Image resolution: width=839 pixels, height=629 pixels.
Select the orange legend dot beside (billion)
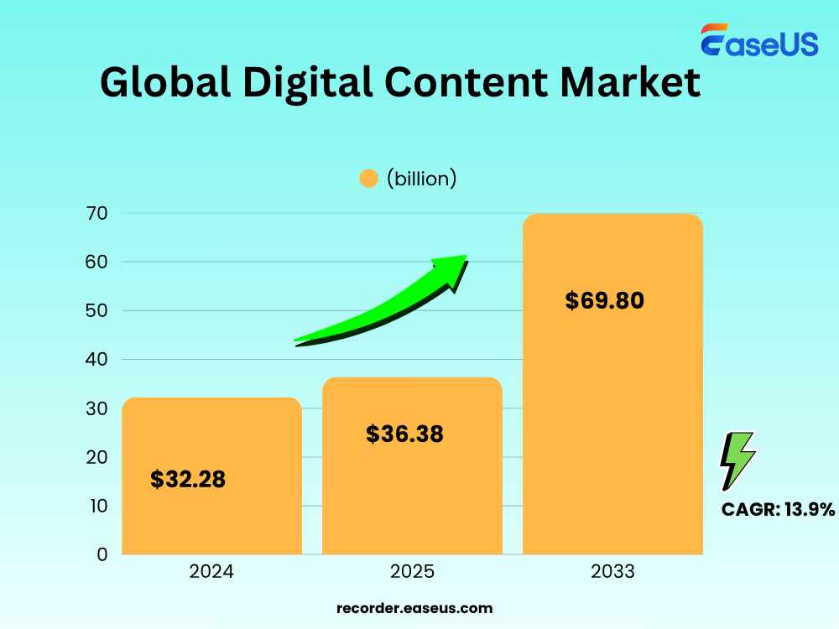[x=368, y=179]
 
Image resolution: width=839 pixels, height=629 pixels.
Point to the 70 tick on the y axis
[x=97, y=213]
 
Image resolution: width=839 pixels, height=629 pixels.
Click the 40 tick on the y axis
[x=97, y=360]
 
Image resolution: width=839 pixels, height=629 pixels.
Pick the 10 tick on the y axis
[x=97, y=506]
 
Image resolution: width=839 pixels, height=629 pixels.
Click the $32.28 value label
[x=188, y=480]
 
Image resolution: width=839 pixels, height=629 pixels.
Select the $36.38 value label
[x=404, y=434]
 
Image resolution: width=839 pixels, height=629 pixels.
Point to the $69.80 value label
[x=604, y=300]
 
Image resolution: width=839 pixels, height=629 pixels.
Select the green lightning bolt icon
[x=737, y=460]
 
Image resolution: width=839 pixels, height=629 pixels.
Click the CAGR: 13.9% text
[x=778, y=509]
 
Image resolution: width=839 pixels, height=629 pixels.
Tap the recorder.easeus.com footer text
[x=414, y=608]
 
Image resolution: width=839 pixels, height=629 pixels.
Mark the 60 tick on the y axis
[x=97, y=262]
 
